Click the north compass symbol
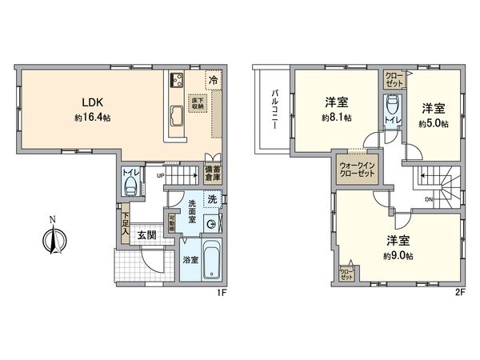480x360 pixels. [53, 238]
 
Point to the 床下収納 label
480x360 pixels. [197, 102]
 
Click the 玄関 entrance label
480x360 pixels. [146, 235]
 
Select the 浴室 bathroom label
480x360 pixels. [190, 260]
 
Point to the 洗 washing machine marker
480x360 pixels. [211, 198]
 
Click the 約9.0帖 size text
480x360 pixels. [398, 255]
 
